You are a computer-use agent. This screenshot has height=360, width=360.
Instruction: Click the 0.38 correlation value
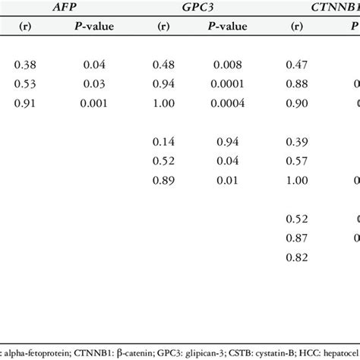[25, 65]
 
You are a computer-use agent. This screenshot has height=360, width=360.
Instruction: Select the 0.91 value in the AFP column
[25, 103]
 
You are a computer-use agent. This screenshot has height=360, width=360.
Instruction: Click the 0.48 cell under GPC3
[166, 65]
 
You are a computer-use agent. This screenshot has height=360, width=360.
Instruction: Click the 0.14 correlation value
[166, 142]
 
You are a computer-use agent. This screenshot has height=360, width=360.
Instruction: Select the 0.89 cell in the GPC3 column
[166, 181]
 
